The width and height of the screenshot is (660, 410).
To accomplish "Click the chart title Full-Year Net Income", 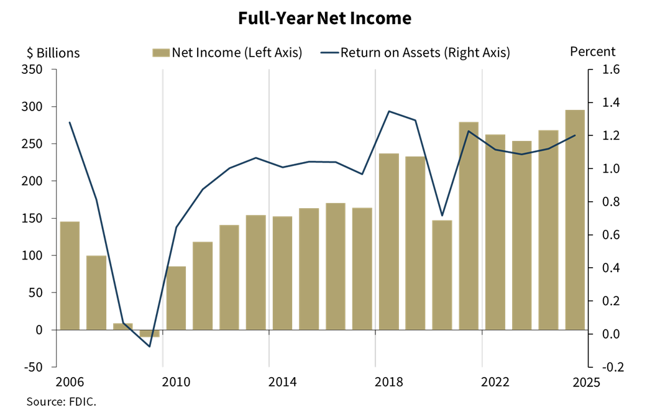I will coord(324,19).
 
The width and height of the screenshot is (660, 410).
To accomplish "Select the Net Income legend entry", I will coord(227,53).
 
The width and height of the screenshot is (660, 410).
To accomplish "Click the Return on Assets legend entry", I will coord(416,53).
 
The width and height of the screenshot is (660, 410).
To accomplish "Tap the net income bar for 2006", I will coord(70,275).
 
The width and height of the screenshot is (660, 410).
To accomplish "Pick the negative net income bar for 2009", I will coord(149,334).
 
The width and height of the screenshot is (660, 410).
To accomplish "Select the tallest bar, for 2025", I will coord(575,220).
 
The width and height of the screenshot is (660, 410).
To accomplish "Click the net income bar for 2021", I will coord(469,225).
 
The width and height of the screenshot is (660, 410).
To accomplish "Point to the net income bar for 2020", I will coord(442,275).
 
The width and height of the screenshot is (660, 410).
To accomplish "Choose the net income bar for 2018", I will coord(389,241).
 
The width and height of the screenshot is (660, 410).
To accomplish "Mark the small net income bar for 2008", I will coord(123,327).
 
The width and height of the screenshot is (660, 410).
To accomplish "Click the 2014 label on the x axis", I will coord(269,381).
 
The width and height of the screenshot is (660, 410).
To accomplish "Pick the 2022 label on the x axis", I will coord(482,381).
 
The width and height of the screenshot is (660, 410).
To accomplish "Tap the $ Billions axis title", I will coord(53,53).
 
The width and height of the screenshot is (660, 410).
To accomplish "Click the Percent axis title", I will coord(592,52).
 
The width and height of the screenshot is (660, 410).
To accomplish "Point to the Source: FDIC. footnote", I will coord(62,401).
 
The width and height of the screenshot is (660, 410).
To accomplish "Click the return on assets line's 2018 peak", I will coord(389,111).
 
